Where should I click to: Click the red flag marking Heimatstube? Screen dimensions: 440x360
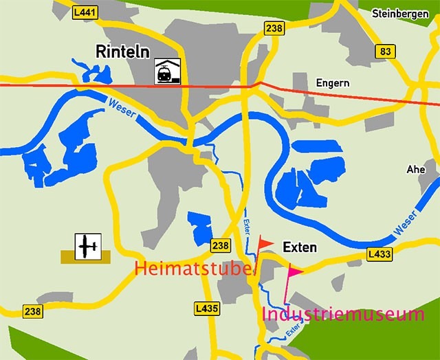[x=265, y=244]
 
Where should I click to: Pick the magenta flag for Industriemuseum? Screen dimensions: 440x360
[x=294, y=272]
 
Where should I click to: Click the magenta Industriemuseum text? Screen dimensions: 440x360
[x=343, y=315]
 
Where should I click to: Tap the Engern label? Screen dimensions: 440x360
[x=333, y=83]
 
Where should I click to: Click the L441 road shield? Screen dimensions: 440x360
[x=85, y=12]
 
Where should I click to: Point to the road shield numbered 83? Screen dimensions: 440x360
[x=385, y=52]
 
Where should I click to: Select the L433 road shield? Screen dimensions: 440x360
[x=379, y=255]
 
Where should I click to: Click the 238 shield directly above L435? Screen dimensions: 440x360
[x=221, y=245]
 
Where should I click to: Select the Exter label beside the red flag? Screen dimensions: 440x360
[x=247, y=226]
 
